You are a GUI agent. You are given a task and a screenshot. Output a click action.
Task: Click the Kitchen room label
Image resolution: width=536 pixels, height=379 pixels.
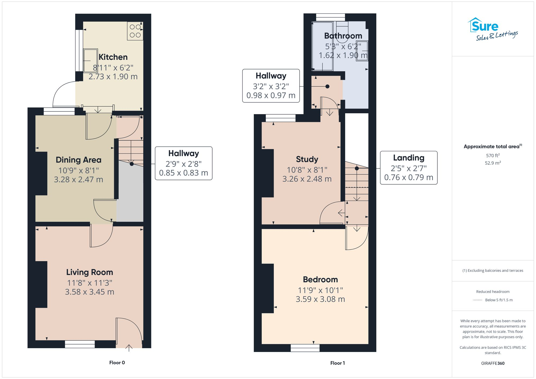pyautogui.click(x=113, y=57)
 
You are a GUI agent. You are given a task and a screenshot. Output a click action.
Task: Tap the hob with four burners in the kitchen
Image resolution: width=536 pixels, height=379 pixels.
pyautogui.click(x=135, y=31)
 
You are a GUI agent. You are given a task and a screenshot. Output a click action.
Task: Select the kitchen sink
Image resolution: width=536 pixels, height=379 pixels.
pyautogui.click(x=90, y=61)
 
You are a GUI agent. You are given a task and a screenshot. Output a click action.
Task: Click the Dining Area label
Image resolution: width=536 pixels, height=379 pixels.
pyautogui.click(x=79, y=160)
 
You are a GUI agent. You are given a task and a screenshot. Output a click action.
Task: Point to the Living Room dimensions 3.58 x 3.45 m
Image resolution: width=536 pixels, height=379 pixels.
pyautogui.click(x=90, y=292)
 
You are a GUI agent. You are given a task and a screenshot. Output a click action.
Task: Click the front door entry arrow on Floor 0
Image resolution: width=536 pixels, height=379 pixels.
pyautogui.click(x=129, y=347)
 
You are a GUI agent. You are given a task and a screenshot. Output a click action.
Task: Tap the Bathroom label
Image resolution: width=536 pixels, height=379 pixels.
pyautogui.click(x=343, y=36)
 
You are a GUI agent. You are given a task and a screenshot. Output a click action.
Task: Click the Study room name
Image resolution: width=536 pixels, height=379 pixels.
pyautogui.click(x=307, y=159)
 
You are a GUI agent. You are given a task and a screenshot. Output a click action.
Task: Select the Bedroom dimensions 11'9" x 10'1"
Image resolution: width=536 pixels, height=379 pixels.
pyautogui.click(x=320, y=290)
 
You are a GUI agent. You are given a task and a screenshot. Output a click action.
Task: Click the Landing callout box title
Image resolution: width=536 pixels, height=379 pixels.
pyautogui.click(x=408, y=158)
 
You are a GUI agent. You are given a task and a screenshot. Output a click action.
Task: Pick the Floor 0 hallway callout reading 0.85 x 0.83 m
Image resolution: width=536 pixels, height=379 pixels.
pyautogui.click(x=184, y=173)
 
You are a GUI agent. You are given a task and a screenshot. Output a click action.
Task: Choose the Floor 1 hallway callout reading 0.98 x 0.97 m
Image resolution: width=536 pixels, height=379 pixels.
pyautogui.click(x=271, y=95)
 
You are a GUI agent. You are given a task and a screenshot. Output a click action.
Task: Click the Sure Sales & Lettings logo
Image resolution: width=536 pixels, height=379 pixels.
pyautogui.click(x=493, y=29)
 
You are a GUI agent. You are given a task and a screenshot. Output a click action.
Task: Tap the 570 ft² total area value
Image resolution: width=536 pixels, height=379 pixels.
pyautogui.click(x=493, y=155)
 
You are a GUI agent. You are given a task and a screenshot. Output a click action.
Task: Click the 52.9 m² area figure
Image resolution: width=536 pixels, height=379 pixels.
pyautogui.click(x=493, y=163)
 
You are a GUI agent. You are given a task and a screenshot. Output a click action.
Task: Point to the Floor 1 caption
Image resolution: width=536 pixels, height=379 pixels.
pyautogui.click(x=337, y=363)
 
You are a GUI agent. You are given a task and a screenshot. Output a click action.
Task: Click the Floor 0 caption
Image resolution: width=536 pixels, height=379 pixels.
pyautogui.click(x=117, y=363)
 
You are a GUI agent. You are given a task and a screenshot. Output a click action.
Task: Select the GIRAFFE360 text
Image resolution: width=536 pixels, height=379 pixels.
pyautogui.click(x=493, y=363)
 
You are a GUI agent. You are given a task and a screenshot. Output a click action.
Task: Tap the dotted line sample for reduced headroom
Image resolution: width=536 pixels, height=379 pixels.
pyautogui.click(x=477, y=300)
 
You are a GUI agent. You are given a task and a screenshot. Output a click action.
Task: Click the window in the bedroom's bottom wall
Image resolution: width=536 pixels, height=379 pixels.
pyautogui.click(x=305, y=348)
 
